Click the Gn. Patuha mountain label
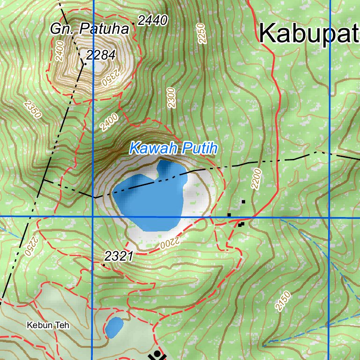(90, 29)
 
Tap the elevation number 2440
(152, 20)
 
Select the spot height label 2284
(101, 55)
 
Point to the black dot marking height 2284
(85, 62)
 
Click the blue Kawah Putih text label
(173, 149)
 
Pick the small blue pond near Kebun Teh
(114, 327)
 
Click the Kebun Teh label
(48, 325)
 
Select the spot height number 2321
(119, 256)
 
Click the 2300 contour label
(171, 98)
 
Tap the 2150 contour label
(283, 301)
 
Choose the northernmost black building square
(243, 202)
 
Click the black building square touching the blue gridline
(229, 215)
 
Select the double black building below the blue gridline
(241, 224)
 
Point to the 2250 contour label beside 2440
(202, 33)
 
